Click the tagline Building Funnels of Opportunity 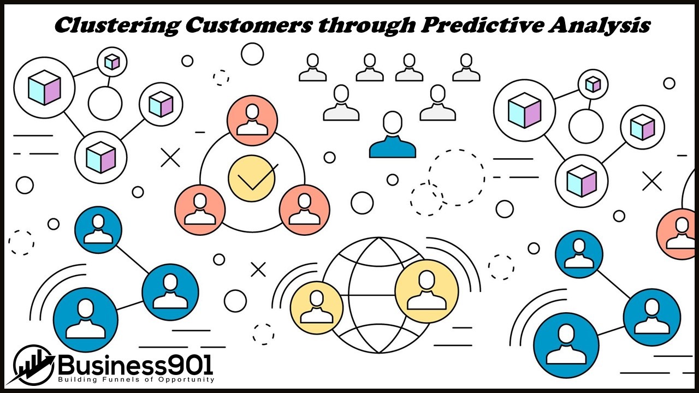coord(136,379)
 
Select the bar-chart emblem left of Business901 coord(33,365)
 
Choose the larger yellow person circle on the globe coord(426,291)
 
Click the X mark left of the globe coord(258,269)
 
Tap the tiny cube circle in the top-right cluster coord(593,84)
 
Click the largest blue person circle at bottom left coord(86,319)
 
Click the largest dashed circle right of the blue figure coord(456,177)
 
